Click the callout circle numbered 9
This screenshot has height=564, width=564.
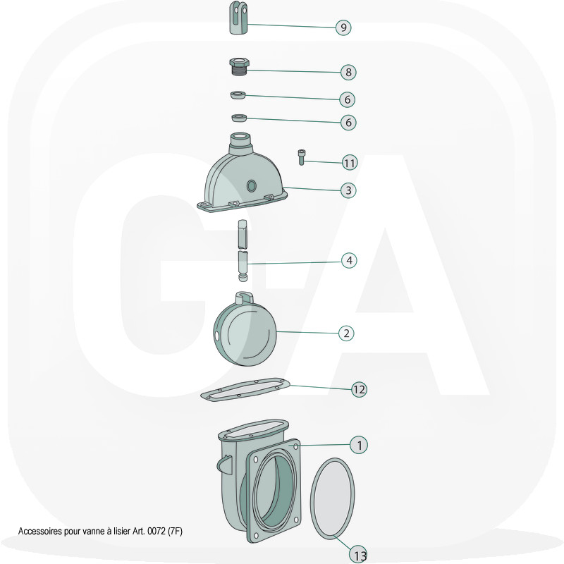point(343,27)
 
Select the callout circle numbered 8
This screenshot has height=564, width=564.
point(348,73)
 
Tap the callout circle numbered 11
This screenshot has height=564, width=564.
point(350,163)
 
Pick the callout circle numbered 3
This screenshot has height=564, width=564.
point(348,190)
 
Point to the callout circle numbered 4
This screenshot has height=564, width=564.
point(349,260)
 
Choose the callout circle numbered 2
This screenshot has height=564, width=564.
point(346,333)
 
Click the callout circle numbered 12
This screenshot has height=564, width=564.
point(359,389)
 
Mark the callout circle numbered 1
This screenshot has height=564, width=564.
point(359,446)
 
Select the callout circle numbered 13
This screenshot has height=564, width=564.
point(359,554)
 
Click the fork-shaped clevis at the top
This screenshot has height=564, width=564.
point(238,18)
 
